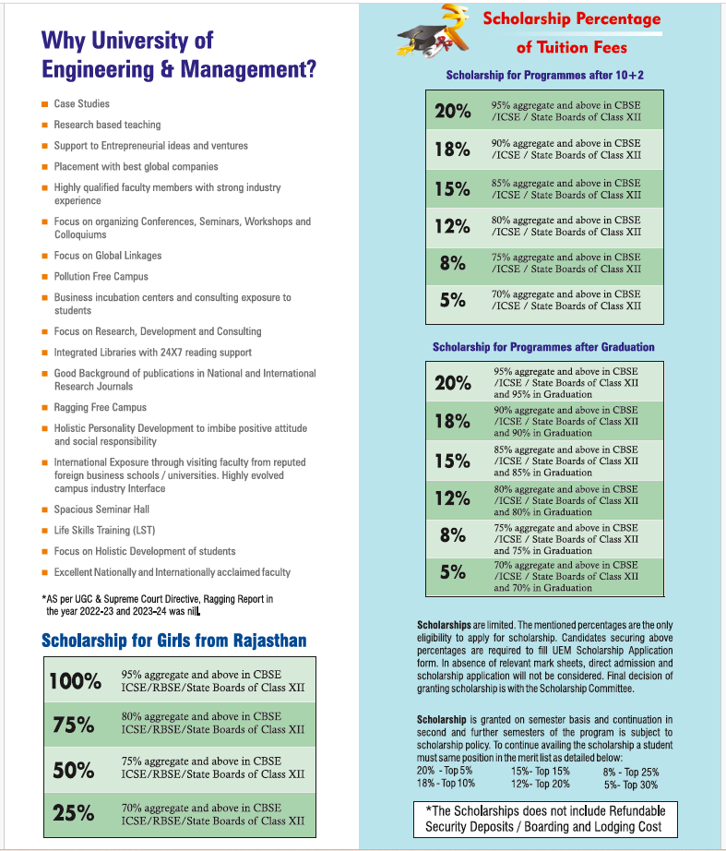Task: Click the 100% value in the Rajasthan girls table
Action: pos(75,681)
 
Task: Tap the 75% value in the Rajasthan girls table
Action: pos(74,725)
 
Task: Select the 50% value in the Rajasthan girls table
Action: pos(74,770)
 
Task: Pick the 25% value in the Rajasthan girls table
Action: pos(74,813)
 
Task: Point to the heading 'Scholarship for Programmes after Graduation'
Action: pos(543,347)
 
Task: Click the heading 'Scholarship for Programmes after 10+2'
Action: pos(544,75)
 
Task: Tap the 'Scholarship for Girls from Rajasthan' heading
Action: pos(174,641)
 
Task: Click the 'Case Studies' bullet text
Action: pos(81,104)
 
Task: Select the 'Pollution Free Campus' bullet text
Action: pos(101,276)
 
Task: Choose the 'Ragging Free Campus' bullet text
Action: pos(100,407)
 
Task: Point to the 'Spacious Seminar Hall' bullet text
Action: pos(101,509)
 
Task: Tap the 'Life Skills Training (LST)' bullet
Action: pos(104,531)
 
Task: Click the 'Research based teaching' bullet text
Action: pos(107,125)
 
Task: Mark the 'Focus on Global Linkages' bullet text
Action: pos(107,256)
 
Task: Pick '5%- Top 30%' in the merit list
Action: pos(631,785)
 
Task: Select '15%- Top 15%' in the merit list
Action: pos(540,771)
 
